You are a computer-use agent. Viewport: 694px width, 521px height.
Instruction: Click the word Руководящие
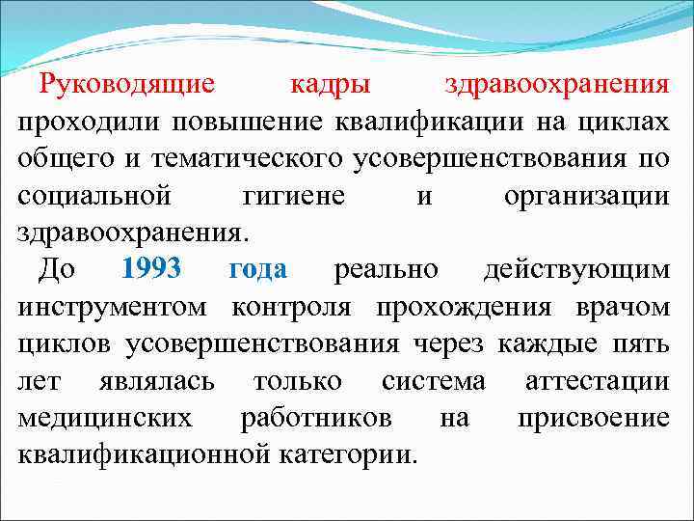coord(127,84)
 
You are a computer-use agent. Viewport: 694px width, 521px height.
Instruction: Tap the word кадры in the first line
coord(331,84)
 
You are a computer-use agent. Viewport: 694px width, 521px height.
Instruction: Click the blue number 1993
coord(151,270)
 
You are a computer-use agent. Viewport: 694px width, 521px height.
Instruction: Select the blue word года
coord(257,270)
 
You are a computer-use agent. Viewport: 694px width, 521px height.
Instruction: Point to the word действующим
coord(576,270)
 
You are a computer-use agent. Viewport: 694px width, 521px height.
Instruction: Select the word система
coord(434,382)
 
